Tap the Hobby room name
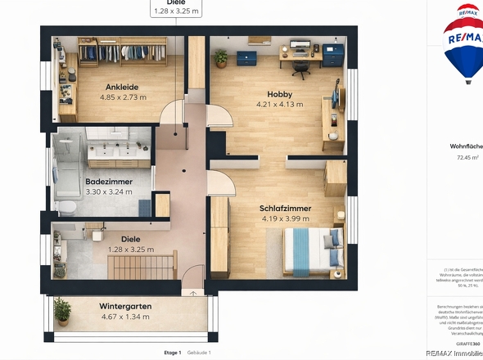click(x=279, y=94)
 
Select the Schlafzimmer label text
click(x=285, y=208)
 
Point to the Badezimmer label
click(x=109, y=182)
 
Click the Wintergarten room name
click(x=125, y=306)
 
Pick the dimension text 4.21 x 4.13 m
click(x=279, y=105)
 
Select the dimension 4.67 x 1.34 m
click(x=125, y=316)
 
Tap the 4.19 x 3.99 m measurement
click(x=285, y=218)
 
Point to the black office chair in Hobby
click(x=300, y=69)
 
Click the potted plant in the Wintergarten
click(x=62, y=310)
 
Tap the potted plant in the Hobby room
click(x=221, y=57)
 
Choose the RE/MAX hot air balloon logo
click(x=463, y=45)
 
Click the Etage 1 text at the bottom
click(x=172, y=352)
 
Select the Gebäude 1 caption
click(x=199, y=352)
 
